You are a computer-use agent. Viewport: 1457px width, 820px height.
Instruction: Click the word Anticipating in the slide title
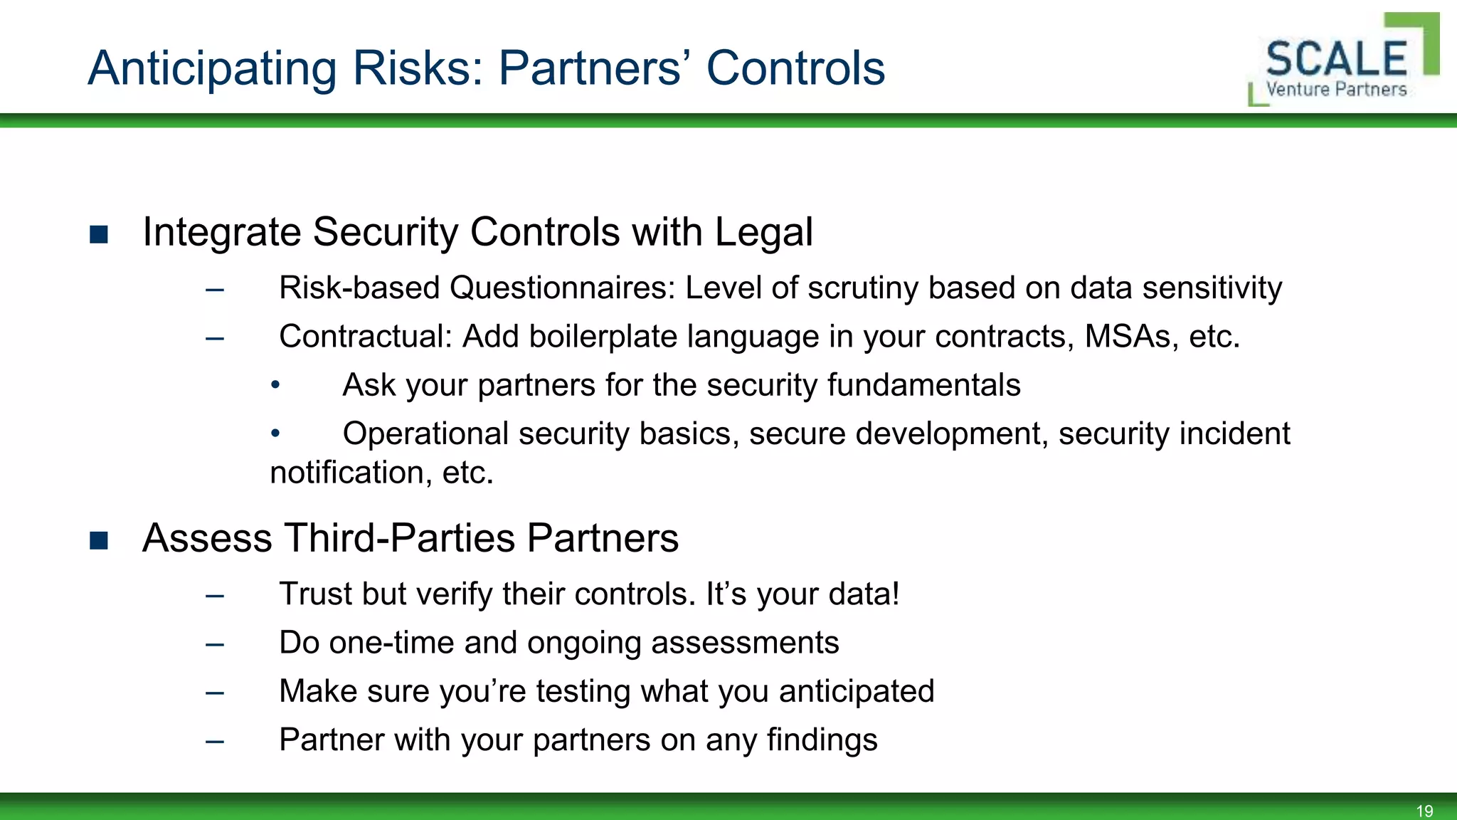pos(212,69)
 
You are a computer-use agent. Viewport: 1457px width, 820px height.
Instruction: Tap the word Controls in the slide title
pos(795,69)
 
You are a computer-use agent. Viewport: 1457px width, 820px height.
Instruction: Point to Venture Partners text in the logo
pos(1336,90)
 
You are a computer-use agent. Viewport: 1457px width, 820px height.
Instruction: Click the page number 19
pos(1424,811)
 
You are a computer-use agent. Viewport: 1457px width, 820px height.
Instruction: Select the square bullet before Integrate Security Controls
pos(99,234)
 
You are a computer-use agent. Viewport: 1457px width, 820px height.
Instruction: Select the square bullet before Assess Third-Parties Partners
pos(99,540)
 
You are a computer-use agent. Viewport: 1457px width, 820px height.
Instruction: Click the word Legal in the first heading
pos(763,232)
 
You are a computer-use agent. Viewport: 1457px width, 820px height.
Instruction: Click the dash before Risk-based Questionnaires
pos(214,290)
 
